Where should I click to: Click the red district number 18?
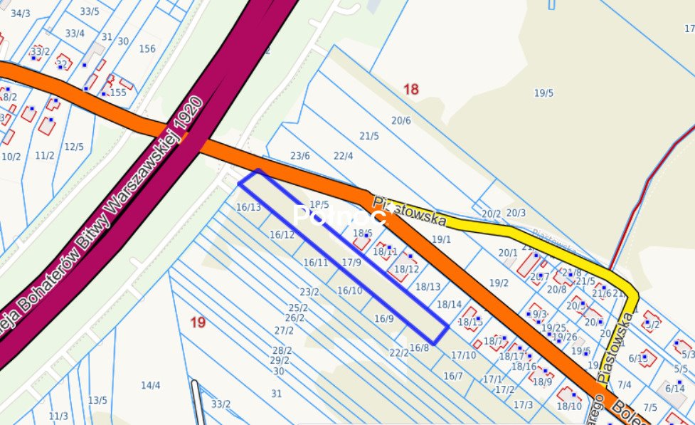(x=411, y=89)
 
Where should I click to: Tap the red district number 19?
(x=198, y=322)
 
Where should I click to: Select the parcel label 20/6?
(x=400, y=120)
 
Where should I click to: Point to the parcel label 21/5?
(x=368, y=136)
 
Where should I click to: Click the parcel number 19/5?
(x=543, y=93)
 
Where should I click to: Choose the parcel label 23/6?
(x=300, y=156)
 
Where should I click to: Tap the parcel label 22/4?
(x=343, y=156)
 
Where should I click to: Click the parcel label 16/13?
(x=248, y=207)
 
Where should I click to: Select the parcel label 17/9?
(x=351, y=263)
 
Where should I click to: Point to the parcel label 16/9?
(x=383, y=318)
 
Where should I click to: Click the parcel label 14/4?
(x=150, y=385)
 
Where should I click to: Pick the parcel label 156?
(x=147, y=48)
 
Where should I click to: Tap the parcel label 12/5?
(x=74, y=147)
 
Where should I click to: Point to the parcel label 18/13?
(x=428, y=287)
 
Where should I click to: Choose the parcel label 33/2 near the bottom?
(x=221, y=404)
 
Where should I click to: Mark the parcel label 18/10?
(x=569, y=406)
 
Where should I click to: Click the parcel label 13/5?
(x=97, y=400)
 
